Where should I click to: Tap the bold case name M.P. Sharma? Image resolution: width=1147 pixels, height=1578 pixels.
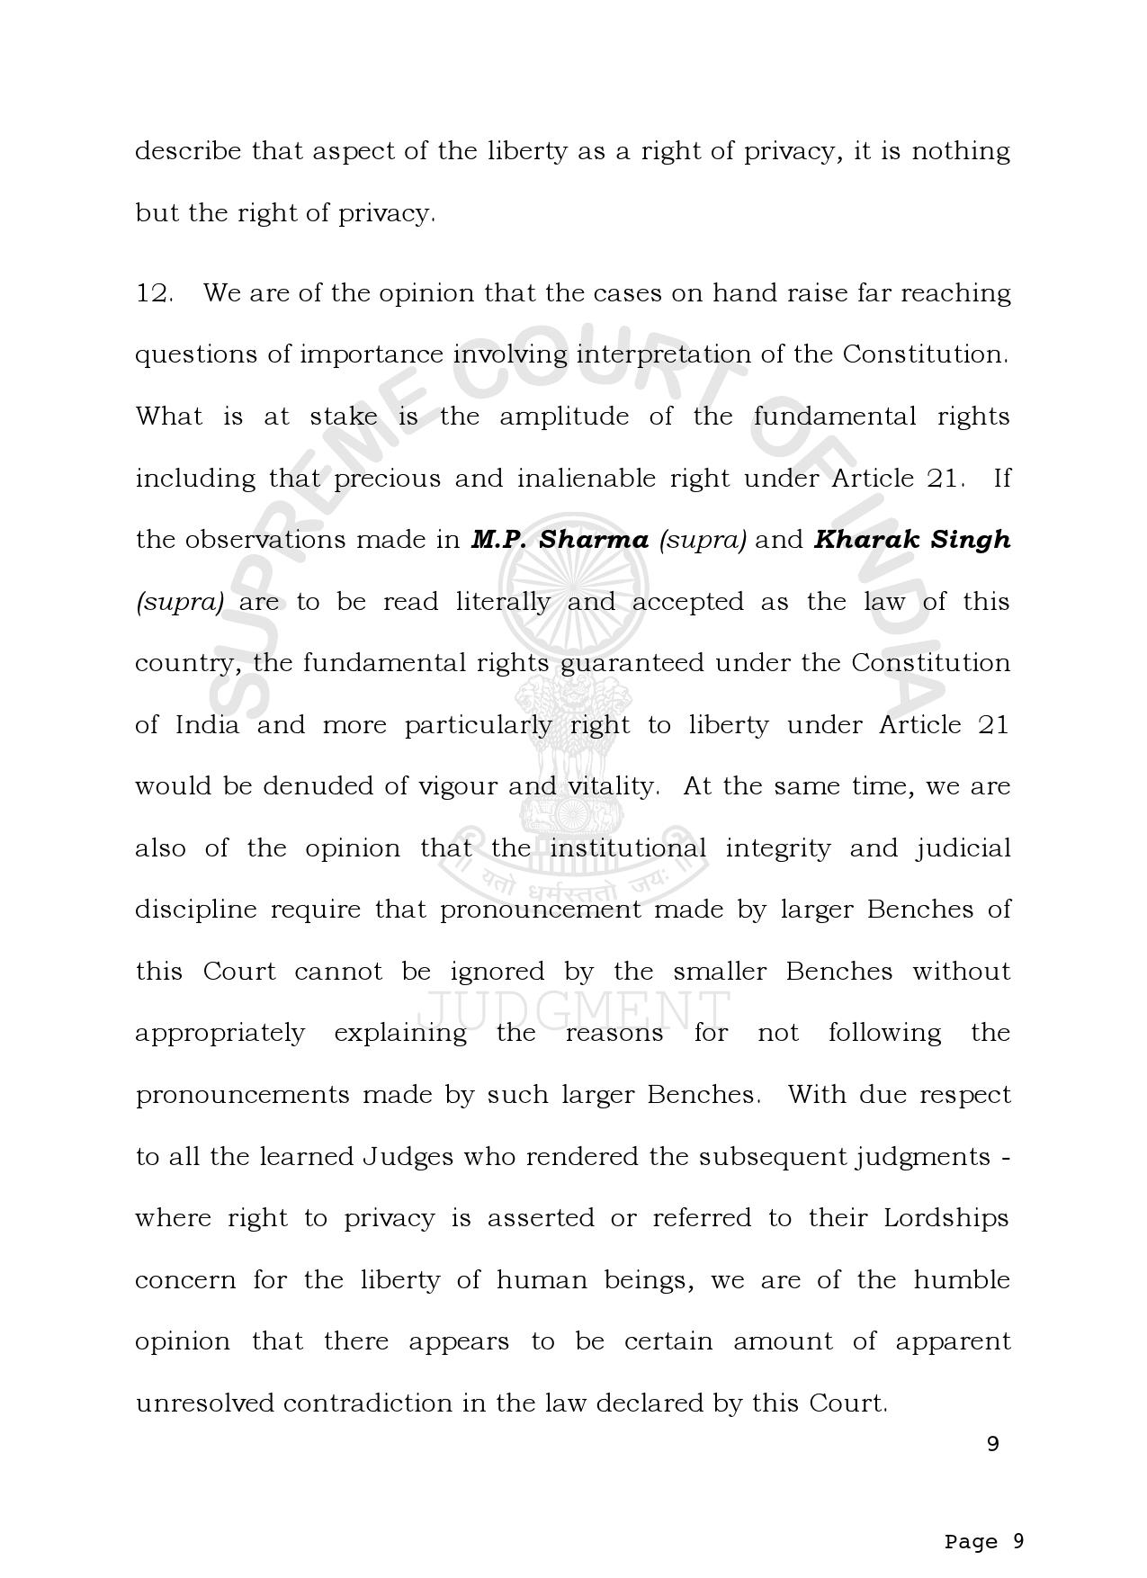pyautogui.click(x=560, y=540)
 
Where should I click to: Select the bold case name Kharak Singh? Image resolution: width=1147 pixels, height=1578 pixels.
pyautogui.click(x=912, y=540)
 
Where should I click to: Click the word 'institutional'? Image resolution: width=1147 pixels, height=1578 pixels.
pyautogui.click(x=628, y=848)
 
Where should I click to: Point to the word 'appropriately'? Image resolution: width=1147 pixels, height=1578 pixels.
pyautogui.click(x=220, y=1034)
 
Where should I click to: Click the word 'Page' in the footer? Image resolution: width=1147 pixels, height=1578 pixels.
pyautogui.click(x=971, y=1542)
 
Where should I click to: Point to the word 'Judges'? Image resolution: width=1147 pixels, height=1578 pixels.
pyautogui.click(x=408, y=1157)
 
